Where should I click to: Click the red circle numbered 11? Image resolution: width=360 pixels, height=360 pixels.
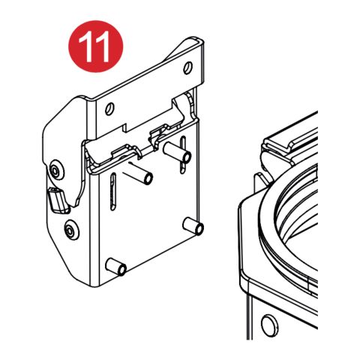point(95,46)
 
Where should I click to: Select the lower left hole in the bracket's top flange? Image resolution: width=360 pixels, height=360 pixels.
point(110,109)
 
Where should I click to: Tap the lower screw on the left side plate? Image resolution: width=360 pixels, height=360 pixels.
point(70,230)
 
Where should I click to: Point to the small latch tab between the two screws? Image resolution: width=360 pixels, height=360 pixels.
point(55,200)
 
